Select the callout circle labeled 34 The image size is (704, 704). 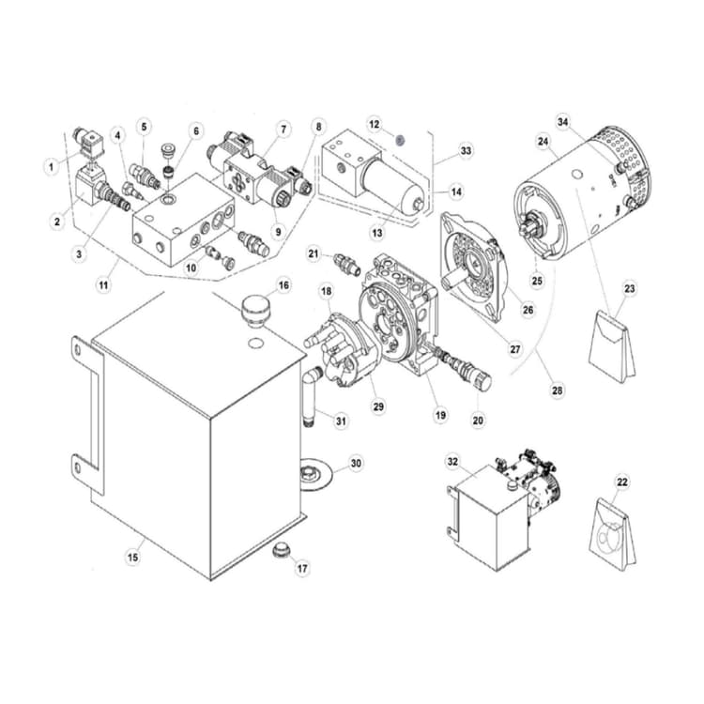(563, 122)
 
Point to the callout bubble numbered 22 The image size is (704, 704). (621, 482)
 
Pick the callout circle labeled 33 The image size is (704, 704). (466, 150)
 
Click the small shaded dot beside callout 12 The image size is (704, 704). (399, 138)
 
